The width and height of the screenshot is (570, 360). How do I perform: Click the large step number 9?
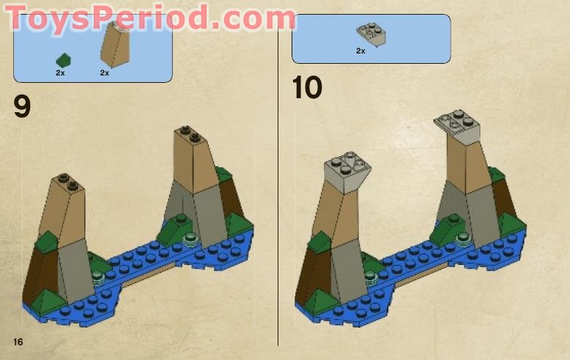click(22, 107)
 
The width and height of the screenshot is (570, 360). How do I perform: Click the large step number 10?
click(307, 88)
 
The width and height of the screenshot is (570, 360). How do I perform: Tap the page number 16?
click(18, 342)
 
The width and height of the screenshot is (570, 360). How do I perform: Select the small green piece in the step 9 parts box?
click(64, 59)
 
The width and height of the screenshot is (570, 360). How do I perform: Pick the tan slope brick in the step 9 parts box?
click(114, 43)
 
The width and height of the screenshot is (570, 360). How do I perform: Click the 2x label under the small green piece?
click(60, 73)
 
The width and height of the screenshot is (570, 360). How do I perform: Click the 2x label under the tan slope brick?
click(104, 73)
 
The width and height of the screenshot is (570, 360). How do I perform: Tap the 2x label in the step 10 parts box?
click(360, 51)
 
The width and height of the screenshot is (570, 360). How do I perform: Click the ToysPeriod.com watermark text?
click(150, 18)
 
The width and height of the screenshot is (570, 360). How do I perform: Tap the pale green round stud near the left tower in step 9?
click(97, 276)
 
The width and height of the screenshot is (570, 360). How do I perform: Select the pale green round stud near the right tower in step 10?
click(464, 237)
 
